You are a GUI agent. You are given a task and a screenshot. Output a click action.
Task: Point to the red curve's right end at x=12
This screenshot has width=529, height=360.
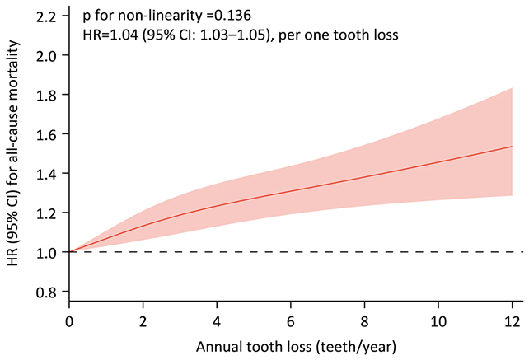(512, 147)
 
